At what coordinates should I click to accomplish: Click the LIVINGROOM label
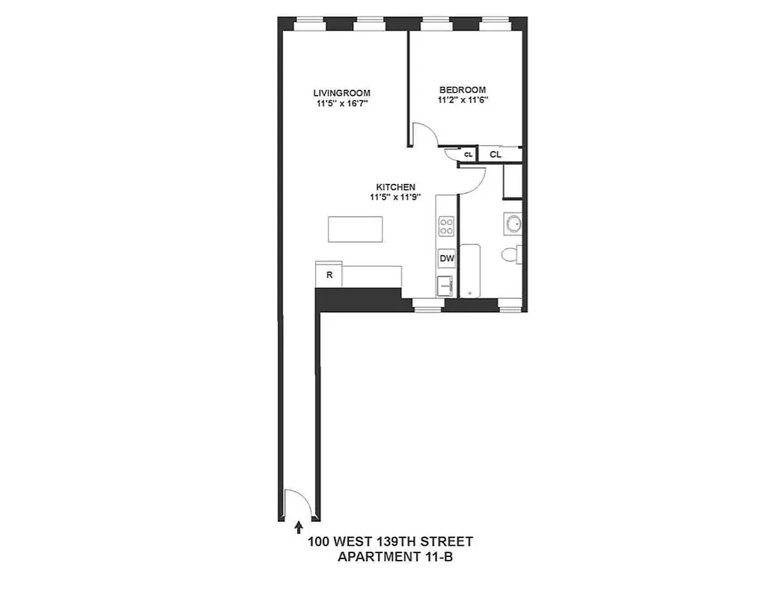[x=341, y=93]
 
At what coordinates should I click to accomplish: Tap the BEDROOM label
[x=462, y=90]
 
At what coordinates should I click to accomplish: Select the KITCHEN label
[x=395, y=187]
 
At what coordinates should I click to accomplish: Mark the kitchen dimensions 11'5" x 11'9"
[x=395, y=198]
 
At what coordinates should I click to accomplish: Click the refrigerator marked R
[x=329, y=274]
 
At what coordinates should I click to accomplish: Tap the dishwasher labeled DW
[x=447, y=259]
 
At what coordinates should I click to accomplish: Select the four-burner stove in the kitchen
[x=447, y=226]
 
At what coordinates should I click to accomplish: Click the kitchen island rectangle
[x=356, y=229]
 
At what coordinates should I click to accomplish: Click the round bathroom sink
[x=513, y=224]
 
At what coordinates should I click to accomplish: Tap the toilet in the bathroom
[x=513, y=255]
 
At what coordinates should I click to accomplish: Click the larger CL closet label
[x=496, y=155]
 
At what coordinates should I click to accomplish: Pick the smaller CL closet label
[x=468, y=155]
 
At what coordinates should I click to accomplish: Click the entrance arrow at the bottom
[x=299, y=528]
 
